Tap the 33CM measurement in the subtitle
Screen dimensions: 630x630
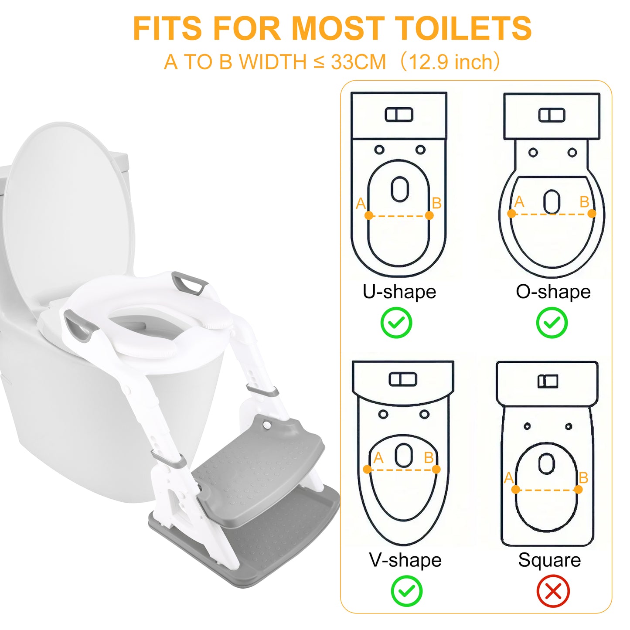pyautogui.click(x=358, y=62)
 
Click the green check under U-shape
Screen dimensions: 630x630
pyautogui.click(x=396, y=323)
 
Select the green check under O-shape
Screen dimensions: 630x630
pyautogui.click(x=552, y=323)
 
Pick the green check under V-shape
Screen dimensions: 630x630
pyautogui.click(x=406, y=591)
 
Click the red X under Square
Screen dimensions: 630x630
pyautogui.click(x=553, y=591)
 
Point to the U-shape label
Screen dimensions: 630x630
pyautogui.click(x=399, y=292)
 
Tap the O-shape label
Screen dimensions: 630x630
pyautogui.click(x=553, y=292)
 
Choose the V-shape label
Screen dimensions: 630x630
pyautogui.click(x=405, y=560)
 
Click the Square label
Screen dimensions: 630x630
pyautogui.click(x=549, y=560)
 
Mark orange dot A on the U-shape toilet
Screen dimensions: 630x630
pyautogui.click(x=369, y=215)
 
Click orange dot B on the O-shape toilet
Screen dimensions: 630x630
pyautogui.click(x=592, y=214)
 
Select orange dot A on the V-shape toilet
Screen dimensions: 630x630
pyautogui.click(x=368, y=469)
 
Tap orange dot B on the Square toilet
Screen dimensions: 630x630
pyautogui.click(x=579, y=490)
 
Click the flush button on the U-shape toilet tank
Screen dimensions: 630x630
pyautogui.click(x=399, y=115)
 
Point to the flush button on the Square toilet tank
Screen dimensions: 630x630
pyautogui.click(x=548, y=381)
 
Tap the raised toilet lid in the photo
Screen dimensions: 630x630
pyautogui.click(x=70, y=209)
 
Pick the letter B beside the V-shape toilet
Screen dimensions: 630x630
pyautogui.click(x=429, y=457)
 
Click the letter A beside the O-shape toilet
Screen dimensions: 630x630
pyautogui.click(x=519, y=201)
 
